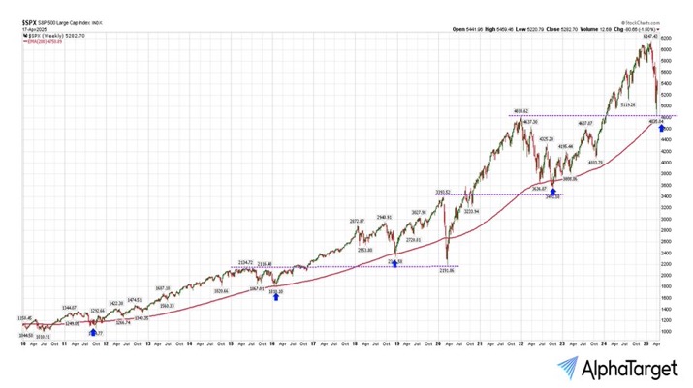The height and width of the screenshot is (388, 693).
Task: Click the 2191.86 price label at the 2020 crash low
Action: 447,270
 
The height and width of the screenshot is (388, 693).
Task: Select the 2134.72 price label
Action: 246,262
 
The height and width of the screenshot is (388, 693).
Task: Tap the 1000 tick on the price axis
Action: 669,332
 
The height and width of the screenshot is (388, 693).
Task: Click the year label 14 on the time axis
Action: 190,343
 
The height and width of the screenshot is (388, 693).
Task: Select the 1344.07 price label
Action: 71,307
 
